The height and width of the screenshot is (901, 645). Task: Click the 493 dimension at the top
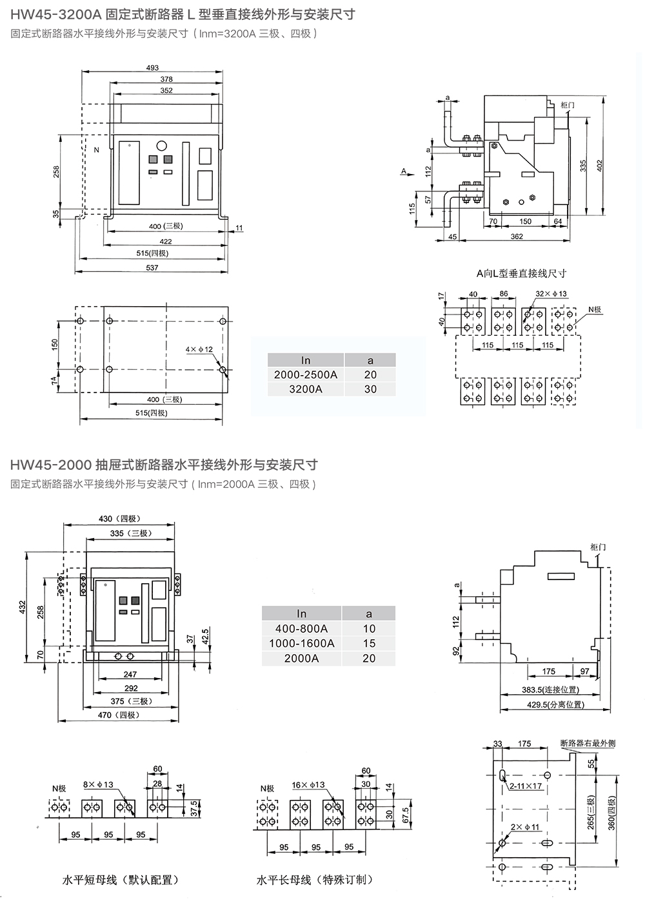pyautogui.click(x=152, y=68)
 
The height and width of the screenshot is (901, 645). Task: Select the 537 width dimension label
pyautogui.click(x=152, y=267)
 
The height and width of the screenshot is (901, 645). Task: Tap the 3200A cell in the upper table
pyautogui.click(x=306, y=389)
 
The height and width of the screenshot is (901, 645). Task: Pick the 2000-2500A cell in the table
pyautogui.click(x=306, y=374)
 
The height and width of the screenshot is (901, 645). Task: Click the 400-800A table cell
pyautogui.click(x=301, y=628)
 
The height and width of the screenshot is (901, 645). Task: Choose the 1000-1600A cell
pyautogui.click(x=301, y=643)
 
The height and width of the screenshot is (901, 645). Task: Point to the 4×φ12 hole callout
pyautogui.click(x=199, y=349)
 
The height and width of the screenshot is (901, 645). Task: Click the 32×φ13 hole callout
pyautogui.click(x=551, y=294)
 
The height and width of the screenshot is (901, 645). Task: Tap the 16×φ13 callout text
pyautogui.click(x=308, y=785)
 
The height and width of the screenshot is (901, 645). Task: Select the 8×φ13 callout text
pyautogui.click(x=98, y=784)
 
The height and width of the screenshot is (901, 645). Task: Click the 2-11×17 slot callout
pyautogui.click(x=526, y=786)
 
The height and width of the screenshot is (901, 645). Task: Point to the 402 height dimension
pyautogui.click(x=599, y=165)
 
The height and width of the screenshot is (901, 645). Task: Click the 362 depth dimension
pyautogui.click(x=516, y=237)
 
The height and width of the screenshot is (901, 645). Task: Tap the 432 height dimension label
pyautogui.click(x=23, y=607)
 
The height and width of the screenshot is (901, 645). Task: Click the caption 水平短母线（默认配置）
pyautogui.click(x=120, y=880)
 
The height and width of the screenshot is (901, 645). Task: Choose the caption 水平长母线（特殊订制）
pyautogui.click(x=314, y=880)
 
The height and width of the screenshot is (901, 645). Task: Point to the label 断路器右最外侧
pyautogui.click(x=588, y=743)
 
